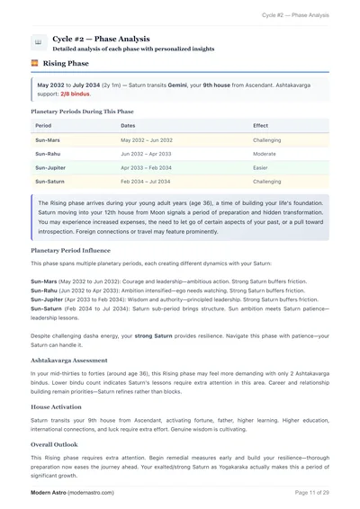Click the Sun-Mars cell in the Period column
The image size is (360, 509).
[x=48, y=141]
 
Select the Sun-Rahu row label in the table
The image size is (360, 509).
[x=48, y=155]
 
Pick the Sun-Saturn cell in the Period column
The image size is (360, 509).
[x=49, y=182]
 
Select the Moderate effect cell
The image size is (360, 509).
[x=265, y=155]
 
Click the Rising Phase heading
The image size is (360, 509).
[x=66, y=66]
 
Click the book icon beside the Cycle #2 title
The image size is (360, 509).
[x=38, y=42]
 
